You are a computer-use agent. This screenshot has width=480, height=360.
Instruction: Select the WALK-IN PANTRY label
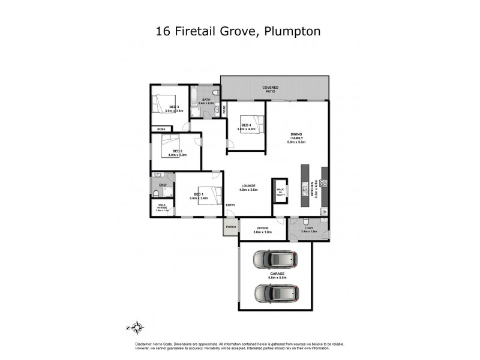click(280, 192)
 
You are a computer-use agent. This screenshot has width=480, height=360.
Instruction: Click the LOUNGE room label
click(249, 187)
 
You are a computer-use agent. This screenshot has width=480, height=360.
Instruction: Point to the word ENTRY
click(230, 206)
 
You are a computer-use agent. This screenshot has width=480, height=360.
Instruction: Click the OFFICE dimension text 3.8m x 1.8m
click(263, 232)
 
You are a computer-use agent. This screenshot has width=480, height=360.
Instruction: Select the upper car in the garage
click(275, 260)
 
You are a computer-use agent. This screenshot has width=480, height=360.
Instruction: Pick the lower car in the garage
click(276, 293)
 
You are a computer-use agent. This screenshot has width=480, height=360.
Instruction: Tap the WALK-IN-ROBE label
click(163, 208)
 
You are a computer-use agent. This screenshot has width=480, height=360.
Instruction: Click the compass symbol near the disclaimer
click(137, 327)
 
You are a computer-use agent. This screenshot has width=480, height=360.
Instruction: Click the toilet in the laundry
click(306, 221)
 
